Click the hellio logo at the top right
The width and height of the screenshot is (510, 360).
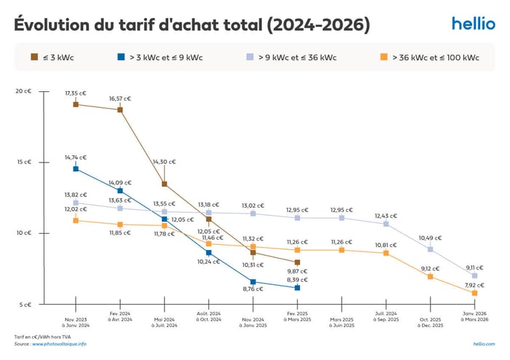tap(473, 23)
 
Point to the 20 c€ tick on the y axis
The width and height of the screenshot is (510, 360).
tap(23, 91)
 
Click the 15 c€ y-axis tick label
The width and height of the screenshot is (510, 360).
tap(23, 162)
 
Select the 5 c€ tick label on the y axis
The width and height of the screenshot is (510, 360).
tap(25, 305)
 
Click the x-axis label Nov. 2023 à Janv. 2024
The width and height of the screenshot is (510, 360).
tap(75, 321)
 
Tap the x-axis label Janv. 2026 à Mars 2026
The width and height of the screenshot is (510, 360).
tap(475, 321)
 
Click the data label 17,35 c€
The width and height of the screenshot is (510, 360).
tap(76, 93)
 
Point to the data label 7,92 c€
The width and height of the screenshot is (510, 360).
tap(475, 285)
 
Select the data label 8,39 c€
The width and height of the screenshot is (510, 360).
tap(297, 279)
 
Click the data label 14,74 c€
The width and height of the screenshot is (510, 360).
tap(76, 157)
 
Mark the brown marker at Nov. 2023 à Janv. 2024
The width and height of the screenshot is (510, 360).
tap(76, 105)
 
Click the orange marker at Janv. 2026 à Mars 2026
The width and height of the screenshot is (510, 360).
tap(475, 293)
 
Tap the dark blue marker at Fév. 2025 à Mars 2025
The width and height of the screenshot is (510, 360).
tap(297, 288)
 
